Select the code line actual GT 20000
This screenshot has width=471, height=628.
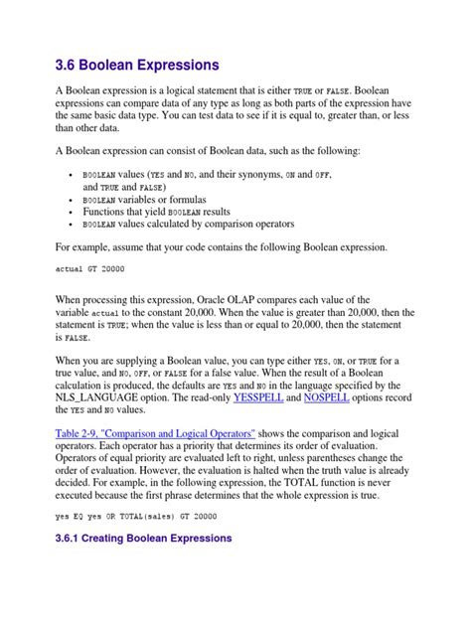[x=90, y=269]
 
